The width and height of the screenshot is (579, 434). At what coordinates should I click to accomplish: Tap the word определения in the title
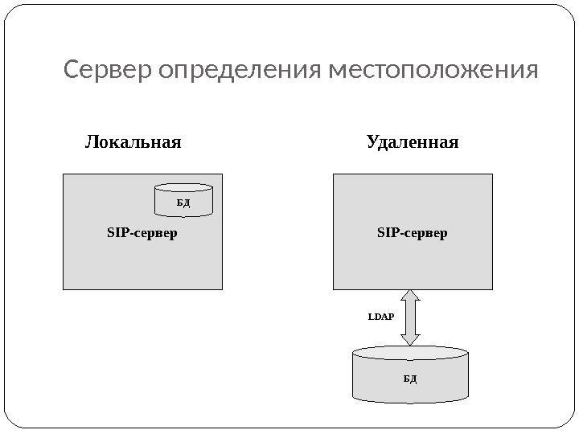(240, 72)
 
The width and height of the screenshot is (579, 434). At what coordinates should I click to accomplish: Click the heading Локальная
(133, 143)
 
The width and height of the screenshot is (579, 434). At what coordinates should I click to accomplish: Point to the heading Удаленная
(412, 143)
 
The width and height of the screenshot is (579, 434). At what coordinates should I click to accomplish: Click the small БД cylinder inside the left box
(183, 199)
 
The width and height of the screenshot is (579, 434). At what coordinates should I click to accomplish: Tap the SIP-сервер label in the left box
(142, 234)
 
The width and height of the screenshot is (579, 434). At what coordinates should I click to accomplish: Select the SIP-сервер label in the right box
(412, 234)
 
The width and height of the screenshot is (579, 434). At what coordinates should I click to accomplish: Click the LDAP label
(381, 317)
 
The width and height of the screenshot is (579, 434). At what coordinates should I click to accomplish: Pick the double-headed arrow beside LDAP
(410, 317)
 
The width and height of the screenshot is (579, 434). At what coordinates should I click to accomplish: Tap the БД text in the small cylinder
(183, 203)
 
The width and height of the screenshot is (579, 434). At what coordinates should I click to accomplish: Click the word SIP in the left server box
(116, 234)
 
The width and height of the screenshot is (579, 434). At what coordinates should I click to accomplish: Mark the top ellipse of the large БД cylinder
(410, 354)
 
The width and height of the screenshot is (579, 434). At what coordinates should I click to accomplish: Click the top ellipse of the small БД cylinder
(183, 188)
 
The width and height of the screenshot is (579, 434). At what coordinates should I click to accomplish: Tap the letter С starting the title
(72, 71)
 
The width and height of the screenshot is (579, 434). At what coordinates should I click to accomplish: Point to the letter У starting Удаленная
(372, 143)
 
